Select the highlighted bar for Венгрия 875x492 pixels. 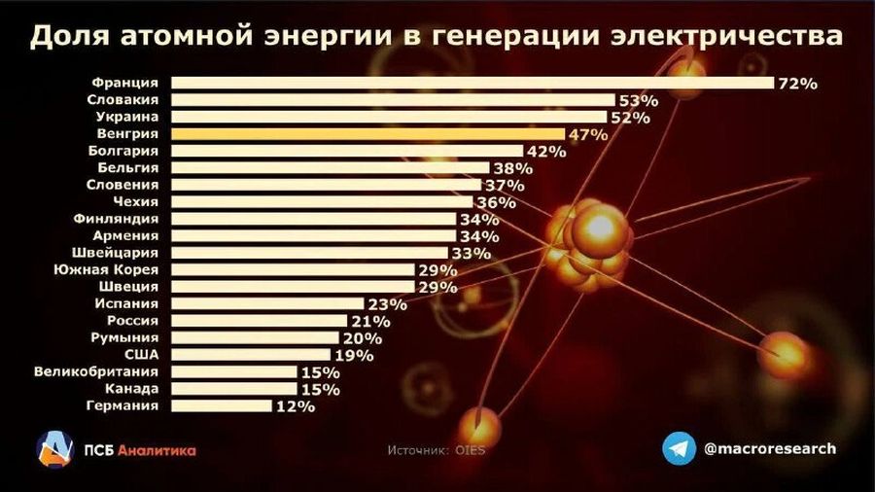pos(369,133)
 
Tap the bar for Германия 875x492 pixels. pos(223,405)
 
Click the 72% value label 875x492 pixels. pos(797,84)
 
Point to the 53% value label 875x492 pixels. pos(639,100)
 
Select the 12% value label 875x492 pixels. pos(295,406)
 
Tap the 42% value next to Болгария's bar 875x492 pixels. pos(546,152)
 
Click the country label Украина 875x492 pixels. pos(129,116)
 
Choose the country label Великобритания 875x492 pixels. pos(101,371)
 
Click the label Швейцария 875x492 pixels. pos(124,252)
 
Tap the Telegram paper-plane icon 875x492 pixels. pos(680,448)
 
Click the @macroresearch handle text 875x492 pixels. pos(768,448)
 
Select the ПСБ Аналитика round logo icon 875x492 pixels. pos(55,448)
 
